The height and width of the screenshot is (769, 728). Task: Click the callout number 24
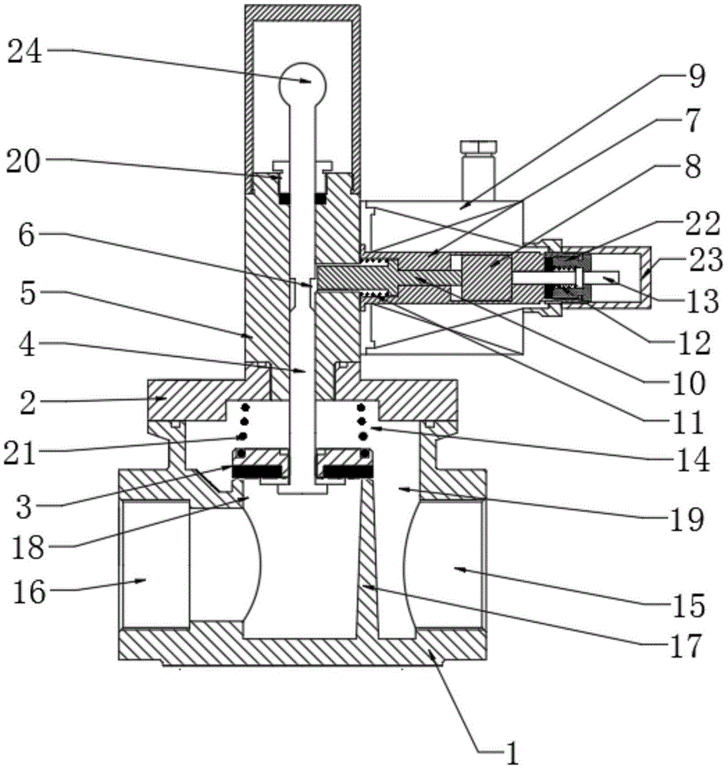tap(25, 52)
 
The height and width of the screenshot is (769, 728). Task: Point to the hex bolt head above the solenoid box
tap(478, 146)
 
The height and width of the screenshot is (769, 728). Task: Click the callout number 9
tap(696, 76)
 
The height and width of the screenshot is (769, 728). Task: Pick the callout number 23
tap(706, 259)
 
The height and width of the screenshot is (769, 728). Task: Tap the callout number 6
tap(26, 236)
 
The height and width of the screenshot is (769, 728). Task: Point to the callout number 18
tap(28, 548)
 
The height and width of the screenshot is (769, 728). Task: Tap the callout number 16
tap(29, 592)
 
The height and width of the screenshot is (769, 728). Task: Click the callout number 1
tap(510, 754)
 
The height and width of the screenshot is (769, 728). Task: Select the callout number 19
tap(686, 519)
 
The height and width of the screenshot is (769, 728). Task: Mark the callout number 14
tap(693, 460)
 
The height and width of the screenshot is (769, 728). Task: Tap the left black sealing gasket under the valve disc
tap(258, 472)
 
